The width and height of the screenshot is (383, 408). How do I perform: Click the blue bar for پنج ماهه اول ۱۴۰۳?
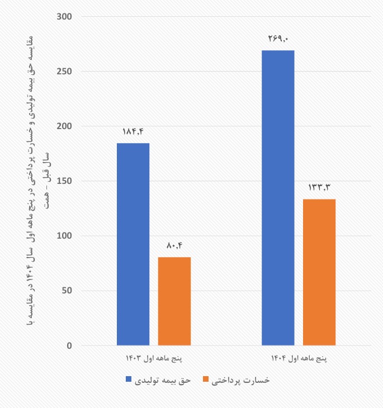tap(133, 244)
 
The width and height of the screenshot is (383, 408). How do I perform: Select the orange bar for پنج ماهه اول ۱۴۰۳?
tap(174, 301)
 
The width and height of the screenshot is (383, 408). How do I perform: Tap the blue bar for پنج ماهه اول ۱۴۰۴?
tap(278, 198)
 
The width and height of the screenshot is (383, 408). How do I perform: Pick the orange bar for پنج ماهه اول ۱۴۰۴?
tap(319, 272)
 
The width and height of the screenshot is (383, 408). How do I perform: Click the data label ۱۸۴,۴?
tap(133, 132)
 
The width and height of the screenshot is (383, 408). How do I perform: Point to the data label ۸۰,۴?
tap(174, 245)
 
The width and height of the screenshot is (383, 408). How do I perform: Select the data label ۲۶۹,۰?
tap(278, 39)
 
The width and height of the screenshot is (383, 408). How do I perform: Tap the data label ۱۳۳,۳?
tap(319, 187)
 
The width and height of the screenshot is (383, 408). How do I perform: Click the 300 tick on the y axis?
tap(65, 17)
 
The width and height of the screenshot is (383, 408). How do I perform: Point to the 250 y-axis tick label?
tap(65, 72)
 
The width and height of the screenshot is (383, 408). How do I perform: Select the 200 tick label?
tap(65, 126)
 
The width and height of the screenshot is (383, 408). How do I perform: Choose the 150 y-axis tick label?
tap(65, 181)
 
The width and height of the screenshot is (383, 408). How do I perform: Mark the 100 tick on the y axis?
tap(65, 236)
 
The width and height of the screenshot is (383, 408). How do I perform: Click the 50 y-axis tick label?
tap(67, 291)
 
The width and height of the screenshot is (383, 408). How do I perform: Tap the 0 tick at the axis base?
tap(69, 345)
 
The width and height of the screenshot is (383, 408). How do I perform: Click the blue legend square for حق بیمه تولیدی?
tap(129, 380)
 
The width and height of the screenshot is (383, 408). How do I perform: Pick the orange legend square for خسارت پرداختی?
tap(205, 380)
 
